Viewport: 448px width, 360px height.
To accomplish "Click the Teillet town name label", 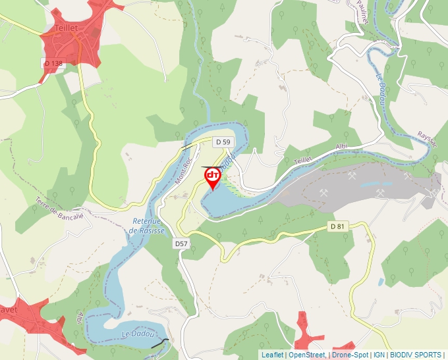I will pyautogui.click(x=67, y=29).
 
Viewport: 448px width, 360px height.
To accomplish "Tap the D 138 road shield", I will pyautogui.click(x=53, y=63).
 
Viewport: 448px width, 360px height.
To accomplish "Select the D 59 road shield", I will pyautogui.click(x=223, y=142).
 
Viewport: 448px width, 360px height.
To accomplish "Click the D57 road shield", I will pyautogui.click(x=182, y=244).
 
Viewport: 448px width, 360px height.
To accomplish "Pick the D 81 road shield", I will pyautogui.click(x=337, y=226).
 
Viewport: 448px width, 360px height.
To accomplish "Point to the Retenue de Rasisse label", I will pyautogui.click(x=146, y=226).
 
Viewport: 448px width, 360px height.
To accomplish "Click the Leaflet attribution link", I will pyautogui.click(x=272, y=355).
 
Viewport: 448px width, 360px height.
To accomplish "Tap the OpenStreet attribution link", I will pyautogui.click(x=306, y=355).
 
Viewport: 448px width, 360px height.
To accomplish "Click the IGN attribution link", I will pyautogui.click(x=379, y=355).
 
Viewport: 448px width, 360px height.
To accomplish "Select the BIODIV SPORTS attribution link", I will pyautogui.click(x=415, y=355).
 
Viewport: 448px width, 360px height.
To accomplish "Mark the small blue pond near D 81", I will pyautogui.click(x=381, y=282).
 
